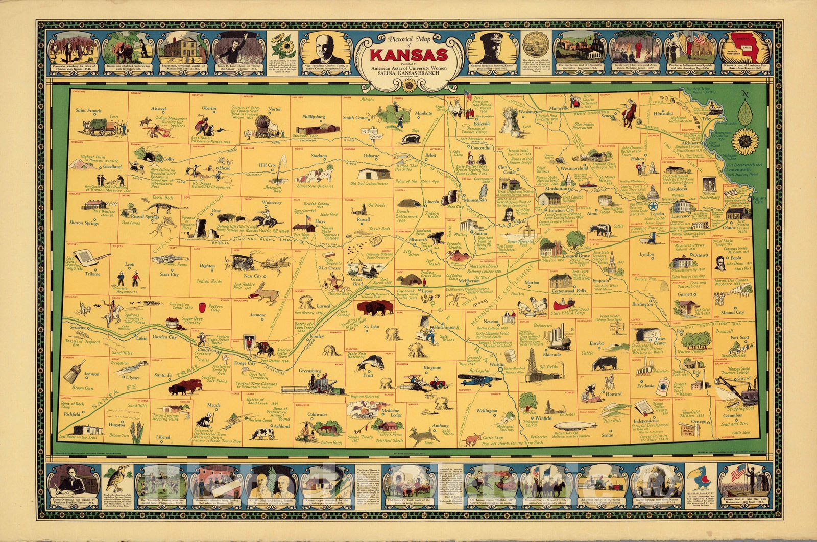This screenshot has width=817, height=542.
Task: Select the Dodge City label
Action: (245, 363)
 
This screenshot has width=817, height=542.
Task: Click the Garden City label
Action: (164, 337)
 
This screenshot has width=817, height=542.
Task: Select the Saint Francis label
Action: (88, 110)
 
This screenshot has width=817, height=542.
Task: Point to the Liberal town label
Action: (163, 437)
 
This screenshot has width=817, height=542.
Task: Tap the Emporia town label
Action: (600, 281)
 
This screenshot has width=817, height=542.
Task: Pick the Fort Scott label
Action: (739, 338)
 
